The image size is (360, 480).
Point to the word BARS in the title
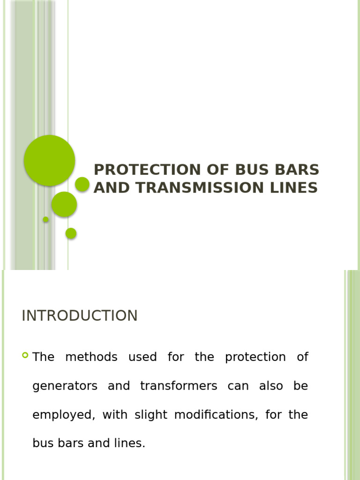[296, 170]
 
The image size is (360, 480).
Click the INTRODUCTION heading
[80, 316]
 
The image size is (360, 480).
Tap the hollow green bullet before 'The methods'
[25, 355]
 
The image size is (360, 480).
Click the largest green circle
[49, 160]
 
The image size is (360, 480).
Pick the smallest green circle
[45, 219]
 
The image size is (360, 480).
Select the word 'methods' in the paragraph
[91, 357]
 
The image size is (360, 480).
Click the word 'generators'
[65, 386]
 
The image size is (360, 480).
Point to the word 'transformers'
[179, 386]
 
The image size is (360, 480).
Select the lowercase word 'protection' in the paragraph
[255, 357]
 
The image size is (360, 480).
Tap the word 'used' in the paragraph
[142, 357]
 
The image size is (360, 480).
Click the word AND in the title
[113, 188]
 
